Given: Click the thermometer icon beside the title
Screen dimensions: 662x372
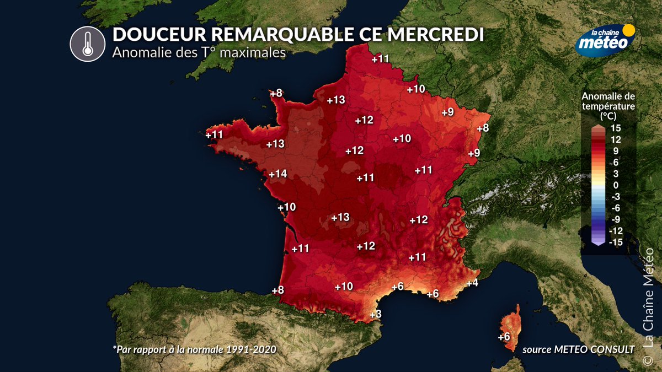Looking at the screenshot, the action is [87, 44].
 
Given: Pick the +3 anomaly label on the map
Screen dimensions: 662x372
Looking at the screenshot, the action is [375, 314].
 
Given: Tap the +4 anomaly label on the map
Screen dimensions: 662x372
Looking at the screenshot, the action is [472, 283].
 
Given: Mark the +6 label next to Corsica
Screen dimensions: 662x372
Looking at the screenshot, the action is [504, 337].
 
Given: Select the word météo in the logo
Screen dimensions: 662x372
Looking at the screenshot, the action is [604, 42].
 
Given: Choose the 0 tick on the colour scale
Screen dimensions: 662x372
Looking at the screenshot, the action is [616, 185].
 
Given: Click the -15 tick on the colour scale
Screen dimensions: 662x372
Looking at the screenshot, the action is [617, 242].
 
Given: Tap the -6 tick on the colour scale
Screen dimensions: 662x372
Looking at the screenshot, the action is [617, 208].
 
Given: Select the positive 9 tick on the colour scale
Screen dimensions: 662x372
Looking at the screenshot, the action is [617, 150].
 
